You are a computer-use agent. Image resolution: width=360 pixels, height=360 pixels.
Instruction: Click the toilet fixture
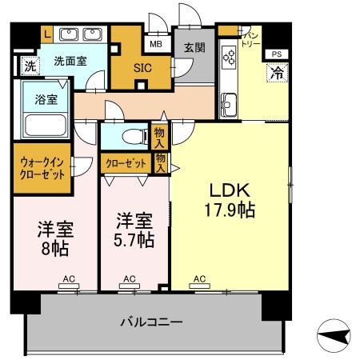tap(134, 137)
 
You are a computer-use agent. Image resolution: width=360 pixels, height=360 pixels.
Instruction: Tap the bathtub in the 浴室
tap(45, 126)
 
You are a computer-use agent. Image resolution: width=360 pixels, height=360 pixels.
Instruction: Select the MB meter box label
tap(156, 44)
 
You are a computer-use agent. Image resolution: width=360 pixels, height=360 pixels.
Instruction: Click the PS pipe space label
tap(277, 54)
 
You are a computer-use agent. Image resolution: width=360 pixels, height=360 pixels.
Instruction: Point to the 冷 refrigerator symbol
tap(278, 73)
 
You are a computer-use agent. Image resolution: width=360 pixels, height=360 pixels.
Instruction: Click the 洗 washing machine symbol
tap(30, 66)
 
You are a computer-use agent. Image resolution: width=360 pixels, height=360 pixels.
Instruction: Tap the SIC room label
tap(142, 68)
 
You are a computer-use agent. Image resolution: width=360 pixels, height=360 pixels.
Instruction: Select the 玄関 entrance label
tap(195, 48)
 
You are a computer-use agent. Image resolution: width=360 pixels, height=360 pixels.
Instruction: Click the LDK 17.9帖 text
tap(230, 200)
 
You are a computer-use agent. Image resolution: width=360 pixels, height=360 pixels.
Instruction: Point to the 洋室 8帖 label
tap(55, 238)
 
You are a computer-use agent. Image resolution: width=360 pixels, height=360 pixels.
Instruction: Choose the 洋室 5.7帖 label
tap(134, 230)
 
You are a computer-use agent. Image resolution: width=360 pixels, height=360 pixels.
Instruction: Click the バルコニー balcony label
tap(152, 322)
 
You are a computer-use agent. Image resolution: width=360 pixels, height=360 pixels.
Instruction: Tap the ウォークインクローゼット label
tap(42, 169)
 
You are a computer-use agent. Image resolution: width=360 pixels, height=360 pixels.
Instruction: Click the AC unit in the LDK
tap(199, 286)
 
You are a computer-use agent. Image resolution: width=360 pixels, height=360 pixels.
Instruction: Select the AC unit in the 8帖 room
tap(69, 286)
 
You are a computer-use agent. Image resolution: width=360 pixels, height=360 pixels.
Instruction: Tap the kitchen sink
tap(229, 105)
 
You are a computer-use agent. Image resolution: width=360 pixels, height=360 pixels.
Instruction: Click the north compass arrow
tap(334, 335)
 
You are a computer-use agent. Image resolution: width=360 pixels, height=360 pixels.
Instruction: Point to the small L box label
tap(47, 34)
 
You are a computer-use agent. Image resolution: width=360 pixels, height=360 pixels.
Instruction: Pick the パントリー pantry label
tap(250, 39)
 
